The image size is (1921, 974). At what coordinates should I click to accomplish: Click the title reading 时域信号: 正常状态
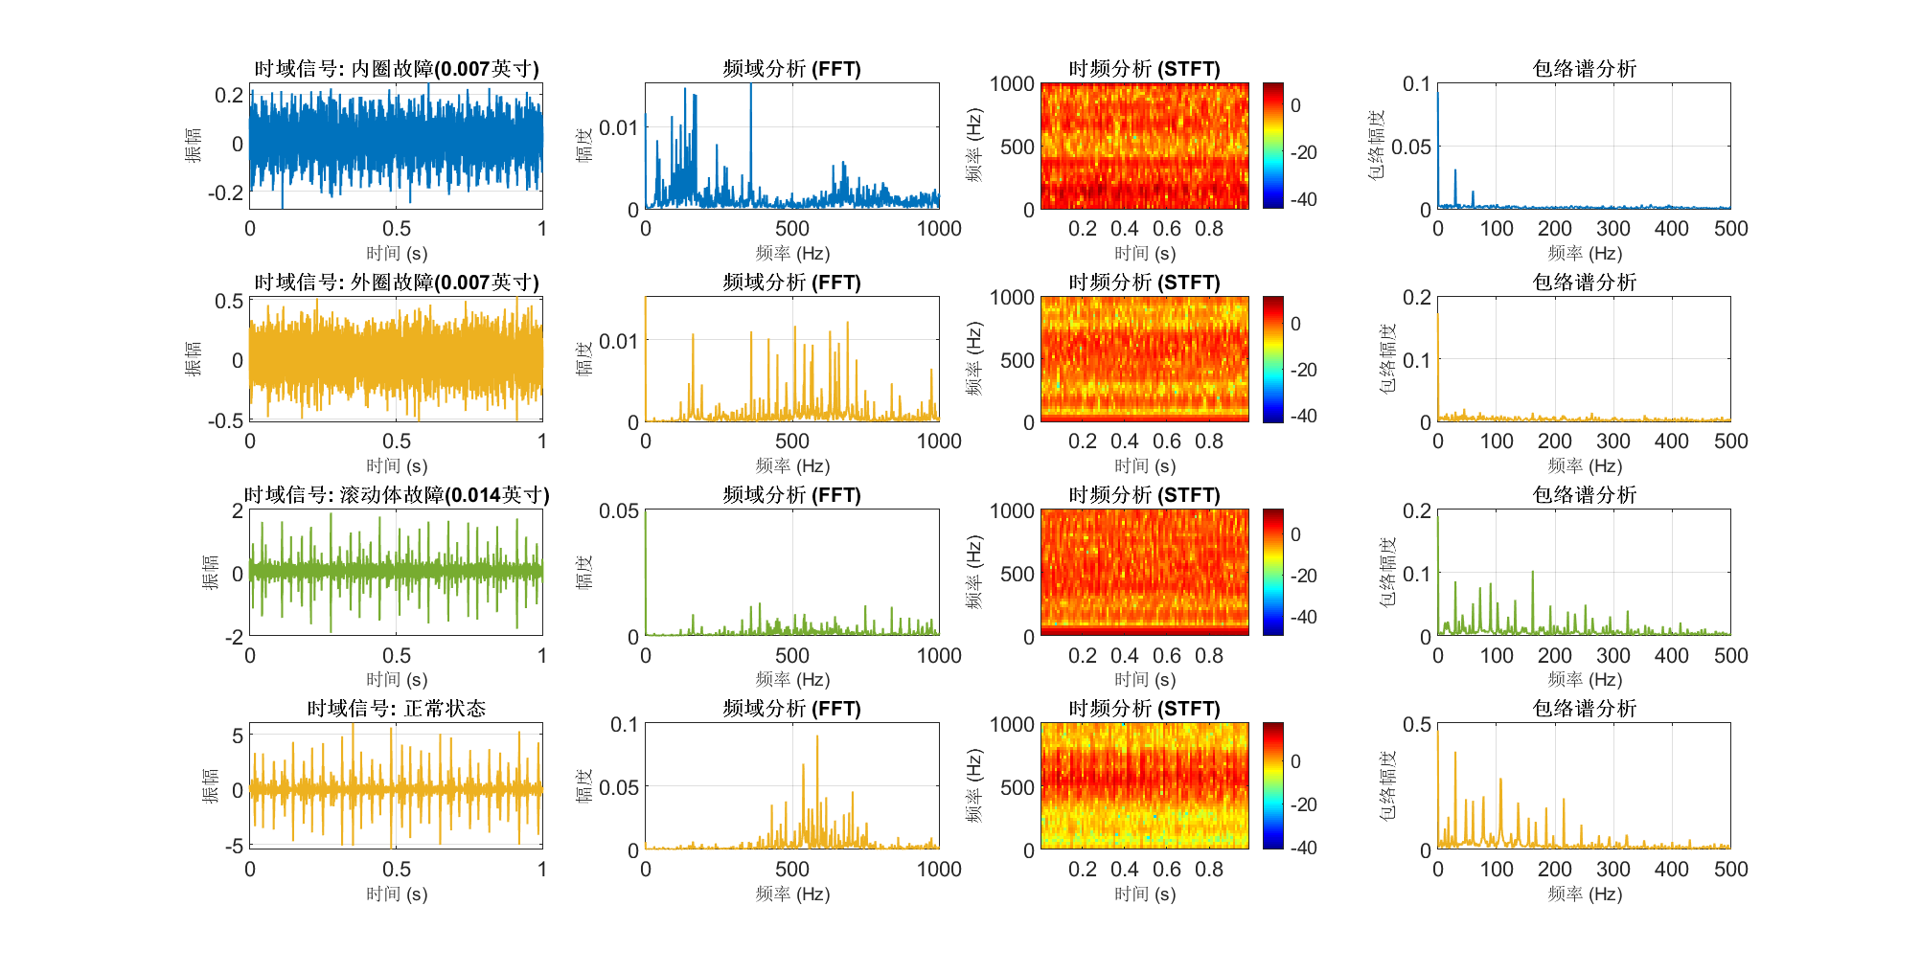coord(396,709)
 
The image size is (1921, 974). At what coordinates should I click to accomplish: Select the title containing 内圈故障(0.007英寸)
coord(396,69)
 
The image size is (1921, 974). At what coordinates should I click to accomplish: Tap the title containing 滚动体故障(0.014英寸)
coord(396,495)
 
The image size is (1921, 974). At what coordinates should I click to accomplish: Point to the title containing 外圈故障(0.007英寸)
coord(396,283)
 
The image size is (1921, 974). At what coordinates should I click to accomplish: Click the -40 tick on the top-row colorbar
coord(1303,199)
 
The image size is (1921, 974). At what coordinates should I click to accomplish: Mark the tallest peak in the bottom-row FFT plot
coord(817,736)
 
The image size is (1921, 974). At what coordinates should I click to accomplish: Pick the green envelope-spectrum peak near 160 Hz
coord(1533,573)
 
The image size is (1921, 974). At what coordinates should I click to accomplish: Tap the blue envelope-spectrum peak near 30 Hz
coord(1455,171)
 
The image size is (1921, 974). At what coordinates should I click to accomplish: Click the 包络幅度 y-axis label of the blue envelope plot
coord(1377,146)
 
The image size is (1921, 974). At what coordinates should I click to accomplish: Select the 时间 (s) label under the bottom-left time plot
coord(396,894)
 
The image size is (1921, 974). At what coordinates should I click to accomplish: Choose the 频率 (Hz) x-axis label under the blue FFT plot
coord(792,254)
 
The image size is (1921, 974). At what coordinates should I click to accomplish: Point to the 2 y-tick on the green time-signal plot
coord(238,510)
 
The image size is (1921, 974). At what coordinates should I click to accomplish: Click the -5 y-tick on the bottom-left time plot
coord(234,846)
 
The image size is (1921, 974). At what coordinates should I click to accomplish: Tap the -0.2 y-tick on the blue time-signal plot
coord(226,193)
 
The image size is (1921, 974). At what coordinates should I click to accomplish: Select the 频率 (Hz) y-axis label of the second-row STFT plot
coord(974,359)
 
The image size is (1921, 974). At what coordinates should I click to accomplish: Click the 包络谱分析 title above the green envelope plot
coord(1584,495)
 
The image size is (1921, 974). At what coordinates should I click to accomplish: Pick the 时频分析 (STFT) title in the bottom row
coord(1144,709)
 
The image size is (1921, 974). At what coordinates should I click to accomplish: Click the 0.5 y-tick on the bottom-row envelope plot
coord(1417,725)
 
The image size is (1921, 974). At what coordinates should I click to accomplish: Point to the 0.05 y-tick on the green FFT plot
coord(619,511)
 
